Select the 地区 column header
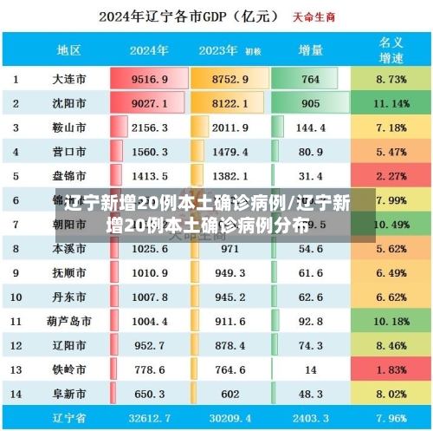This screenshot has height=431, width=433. pos(69,50)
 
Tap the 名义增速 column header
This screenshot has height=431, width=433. pos(391,49)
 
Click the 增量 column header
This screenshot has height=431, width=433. pos(309,50)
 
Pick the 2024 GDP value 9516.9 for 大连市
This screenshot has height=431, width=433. pos(149,79)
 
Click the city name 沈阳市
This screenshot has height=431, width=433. pos(69,103)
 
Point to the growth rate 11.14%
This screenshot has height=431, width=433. pos(391,103)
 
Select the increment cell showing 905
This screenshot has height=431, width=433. pos(309,103)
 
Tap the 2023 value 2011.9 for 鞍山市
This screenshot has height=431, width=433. pos(229,127)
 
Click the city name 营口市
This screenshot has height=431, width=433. pos(69,152)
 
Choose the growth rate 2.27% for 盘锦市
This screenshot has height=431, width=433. pos(391,176)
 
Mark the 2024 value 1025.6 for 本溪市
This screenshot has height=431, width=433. pos(149,248)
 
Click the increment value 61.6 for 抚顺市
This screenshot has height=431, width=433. pos(309,272)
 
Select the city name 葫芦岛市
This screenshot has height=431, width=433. pos(69,321)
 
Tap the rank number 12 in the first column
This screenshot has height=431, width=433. pos(16,345)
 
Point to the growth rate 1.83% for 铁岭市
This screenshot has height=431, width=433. pos(391,369)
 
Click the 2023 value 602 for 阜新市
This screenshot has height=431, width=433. pos(229,394)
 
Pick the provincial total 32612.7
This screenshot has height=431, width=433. pos(149,418)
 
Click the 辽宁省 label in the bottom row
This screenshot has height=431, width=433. pos(69,418)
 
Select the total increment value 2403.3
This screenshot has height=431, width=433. pos(309,418)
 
